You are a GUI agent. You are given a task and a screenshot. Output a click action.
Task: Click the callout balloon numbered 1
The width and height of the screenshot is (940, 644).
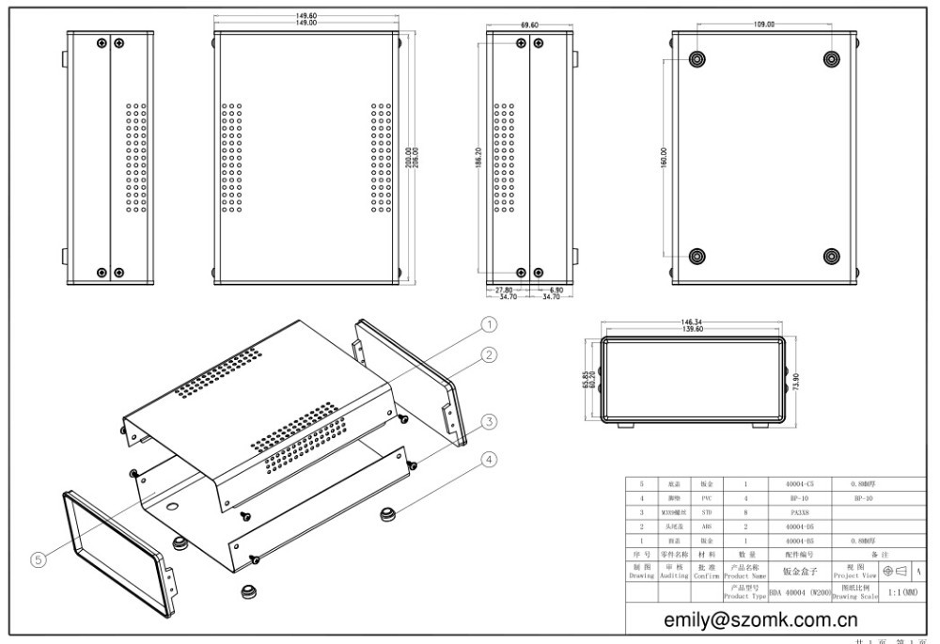pyautogui.click(x=489, y=323)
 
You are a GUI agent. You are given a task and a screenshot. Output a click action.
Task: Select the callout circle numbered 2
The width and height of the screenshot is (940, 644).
pyautogui.click(x=489, y=354)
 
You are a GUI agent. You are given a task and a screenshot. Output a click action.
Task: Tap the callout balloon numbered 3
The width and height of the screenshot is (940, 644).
pyautogui.click(x=489, y=421)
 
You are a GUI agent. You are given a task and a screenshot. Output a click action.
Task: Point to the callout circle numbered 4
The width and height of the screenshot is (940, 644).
pyautogui.click(x=489, y=460)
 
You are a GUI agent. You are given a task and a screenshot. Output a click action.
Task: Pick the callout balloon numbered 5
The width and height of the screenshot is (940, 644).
pyautogui.click(x=39, y=559)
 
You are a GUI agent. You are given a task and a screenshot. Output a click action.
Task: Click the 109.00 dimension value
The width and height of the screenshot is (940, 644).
pyautogui.click(x=763, y=24)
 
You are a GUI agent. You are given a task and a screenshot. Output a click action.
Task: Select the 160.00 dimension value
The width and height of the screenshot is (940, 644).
pyautogui.click(x=664, y=158)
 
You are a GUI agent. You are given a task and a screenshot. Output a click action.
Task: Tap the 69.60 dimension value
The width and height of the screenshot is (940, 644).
pyautogui.click(x=529, y=25)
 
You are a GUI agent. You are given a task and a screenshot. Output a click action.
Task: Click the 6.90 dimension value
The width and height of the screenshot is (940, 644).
pyautogui.click(x=555, y=291)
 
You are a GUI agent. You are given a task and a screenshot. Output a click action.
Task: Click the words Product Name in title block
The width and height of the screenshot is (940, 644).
pyautogui.click(x=746, y=576)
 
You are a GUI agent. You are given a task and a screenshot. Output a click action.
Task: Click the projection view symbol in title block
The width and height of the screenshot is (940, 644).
pyautogui.click(x=896, y=571)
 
